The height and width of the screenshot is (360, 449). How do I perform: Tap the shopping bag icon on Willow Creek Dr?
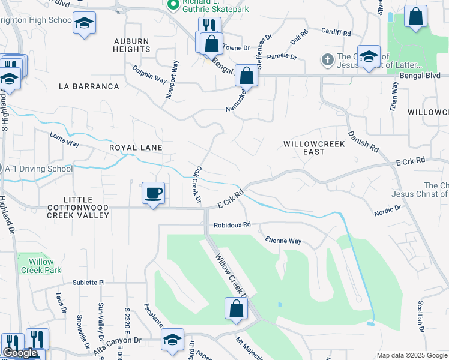pyautogui.click(x=237, y=309)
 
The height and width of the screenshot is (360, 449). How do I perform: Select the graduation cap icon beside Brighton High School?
pyautogui.click(x=85, y=23)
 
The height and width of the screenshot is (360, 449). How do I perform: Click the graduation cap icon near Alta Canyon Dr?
pyautogui.click(x=172, y=340)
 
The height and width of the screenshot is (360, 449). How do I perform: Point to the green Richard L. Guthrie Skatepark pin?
pyautogui.click(x=173, y=5)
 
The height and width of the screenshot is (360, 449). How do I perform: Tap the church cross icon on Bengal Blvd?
pyautogui.click(x=327, y=59)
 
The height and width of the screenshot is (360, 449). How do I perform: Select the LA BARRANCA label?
pyautogui.click(x=89, y=86)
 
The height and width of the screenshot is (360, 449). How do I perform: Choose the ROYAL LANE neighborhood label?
pyautogui.click(x=136, y=147)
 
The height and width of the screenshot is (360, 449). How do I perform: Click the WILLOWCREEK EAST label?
pyautogui.click(x=313, y=148)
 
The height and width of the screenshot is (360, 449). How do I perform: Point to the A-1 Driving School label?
pyautogui.click(x=38, y=169)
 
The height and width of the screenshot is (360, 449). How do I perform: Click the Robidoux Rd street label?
pyautogui.click(x=232, y=226)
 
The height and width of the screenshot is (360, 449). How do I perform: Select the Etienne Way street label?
pyautogui.click(x=283, y=241)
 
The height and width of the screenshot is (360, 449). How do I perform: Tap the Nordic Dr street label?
pyautogui.click(x=387, y=210)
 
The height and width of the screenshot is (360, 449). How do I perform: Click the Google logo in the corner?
pyautogui.click(x=20, y=353)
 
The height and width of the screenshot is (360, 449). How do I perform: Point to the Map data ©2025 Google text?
pyautogui.click(x=412, y=355)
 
